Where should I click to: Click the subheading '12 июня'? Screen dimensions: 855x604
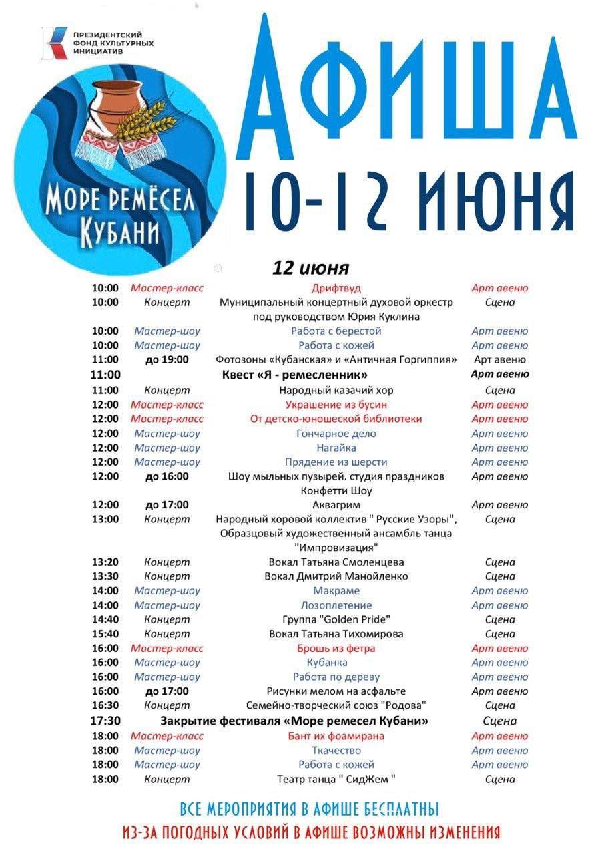[x=310, y=268]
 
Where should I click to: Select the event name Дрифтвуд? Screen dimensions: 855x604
[x=336, y=288]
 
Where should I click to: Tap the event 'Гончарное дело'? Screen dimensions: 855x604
[x=336, y=434]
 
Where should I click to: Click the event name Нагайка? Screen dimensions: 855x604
[x=336, y=448]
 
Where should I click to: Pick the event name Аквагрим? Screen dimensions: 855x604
[x=336, y=505]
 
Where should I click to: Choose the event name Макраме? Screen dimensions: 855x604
[x=336, y=590]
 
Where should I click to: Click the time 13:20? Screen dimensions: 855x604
[x=105, y=562]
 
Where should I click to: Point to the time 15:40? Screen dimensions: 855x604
[x=105, y=634]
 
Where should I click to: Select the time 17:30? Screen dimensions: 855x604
[x=105, y=721]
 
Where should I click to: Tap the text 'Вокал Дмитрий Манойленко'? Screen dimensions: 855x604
[x=336, y=576]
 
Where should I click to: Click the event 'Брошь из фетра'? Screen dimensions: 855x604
[x=336, y=648]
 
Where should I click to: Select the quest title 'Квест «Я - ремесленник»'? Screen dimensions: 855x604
[x=295, y=375]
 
